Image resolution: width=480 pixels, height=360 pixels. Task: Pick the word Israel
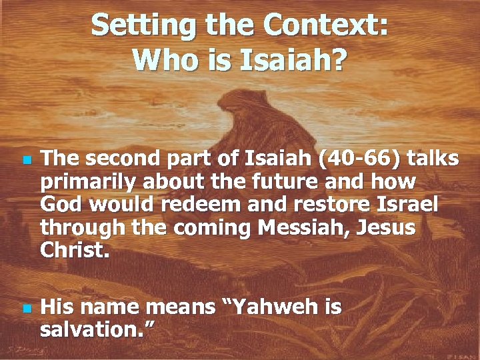[x=409, y=205]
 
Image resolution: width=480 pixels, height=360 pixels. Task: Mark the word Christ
[x=70, y=250]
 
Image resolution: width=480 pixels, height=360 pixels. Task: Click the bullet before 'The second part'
[x=25, y=161]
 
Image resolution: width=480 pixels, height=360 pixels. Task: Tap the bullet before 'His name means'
[x=25, y=309]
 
